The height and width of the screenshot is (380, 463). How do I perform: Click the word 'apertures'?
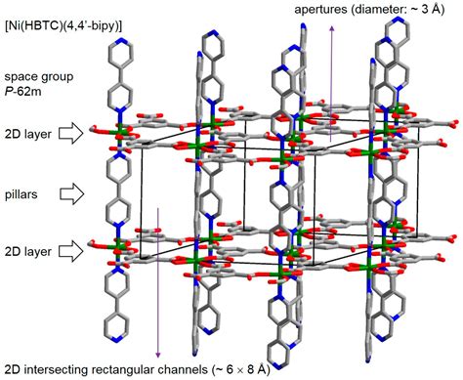click(x=321, y=9)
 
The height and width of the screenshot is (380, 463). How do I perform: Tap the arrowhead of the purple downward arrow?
click(x=157, y=354)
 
